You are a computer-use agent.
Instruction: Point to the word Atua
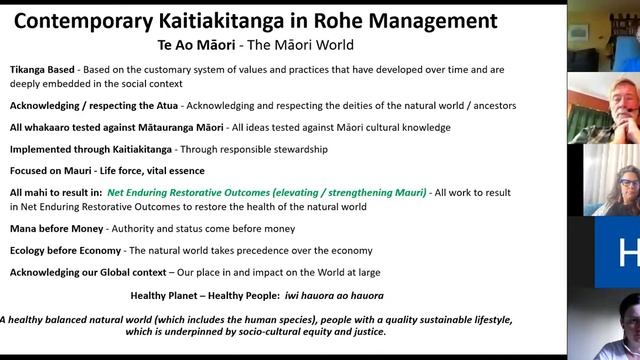[x=161, y=105]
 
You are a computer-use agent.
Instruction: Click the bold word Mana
[x=27, y=228]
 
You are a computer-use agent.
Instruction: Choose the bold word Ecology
[x=34, y=250]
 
